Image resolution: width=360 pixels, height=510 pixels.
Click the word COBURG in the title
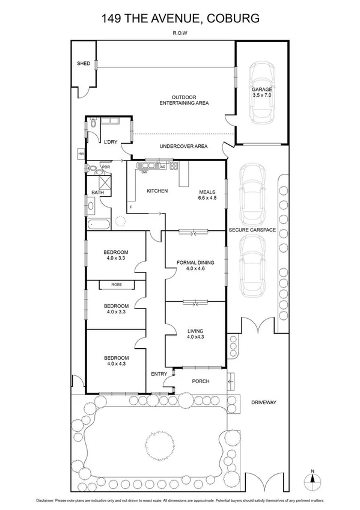232,19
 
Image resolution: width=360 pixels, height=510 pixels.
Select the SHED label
83,63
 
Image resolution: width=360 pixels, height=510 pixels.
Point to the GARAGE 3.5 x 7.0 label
261,92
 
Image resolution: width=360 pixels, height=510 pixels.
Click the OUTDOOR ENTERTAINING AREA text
183,100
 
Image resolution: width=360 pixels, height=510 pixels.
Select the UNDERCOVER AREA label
183,146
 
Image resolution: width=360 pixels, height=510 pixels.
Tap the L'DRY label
110,142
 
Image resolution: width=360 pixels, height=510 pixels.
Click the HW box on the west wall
81,154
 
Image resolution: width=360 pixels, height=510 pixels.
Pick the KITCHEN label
157,191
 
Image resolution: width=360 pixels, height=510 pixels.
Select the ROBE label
116,284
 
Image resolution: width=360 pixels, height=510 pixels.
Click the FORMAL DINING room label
195,265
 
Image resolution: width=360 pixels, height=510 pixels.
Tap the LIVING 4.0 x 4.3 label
195,334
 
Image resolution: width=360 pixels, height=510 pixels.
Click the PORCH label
200,381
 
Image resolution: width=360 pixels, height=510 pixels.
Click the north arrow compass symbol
311,478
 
